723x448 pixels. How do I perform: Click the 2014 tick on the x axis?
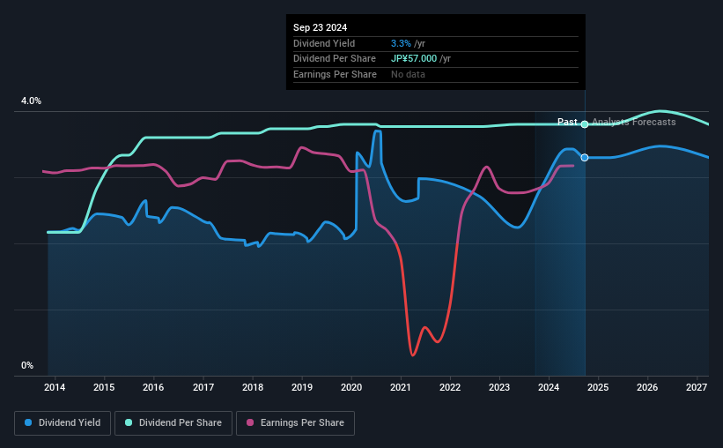[x=55, y=387]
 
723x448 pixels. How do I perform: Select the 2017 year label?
[x=203, y=387]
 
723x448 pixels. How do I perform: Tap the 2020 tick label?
[x=351, y=387]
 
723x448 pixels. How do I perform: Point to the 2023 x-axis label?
[x=499, y=387]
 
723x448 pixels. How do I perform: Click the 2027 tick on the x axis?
[x=697, y=387]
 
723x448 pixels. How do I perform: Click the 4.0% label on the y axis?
[x=31, y=101]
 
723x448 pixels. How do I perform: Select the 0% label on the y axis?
[x=27, y=365]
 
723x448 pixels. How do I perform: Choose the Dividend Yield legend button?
[x=63, y=423]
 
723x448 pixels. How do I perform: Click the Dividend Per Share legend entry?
[x=174, y=423]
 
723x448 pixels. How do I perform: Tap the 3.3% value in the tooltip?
[x=400, y=43]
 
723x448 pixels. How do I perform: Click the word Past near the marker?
[x=567, y=122]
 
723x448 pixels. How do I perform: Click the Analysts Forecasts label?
[x=634, y=122]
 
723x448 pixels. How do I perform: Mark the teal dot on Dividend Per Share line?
[x=585, y=124]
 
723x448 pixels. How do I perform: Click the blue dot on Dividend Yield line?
[x=585, y=157]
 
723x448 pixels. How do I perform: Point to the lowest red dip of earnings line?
[x=412, y=355]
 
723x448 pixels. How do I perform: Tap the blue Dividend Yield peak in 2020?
[x=377, y=131]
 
